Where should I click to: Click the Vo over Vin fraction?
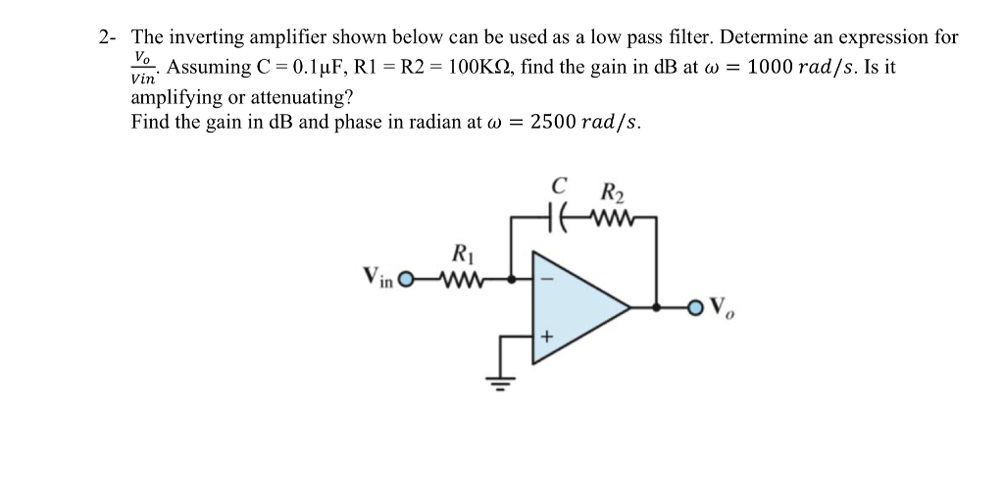pyautogui.click(x=144, y=69)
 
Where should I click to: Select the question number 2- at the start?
pyautogui.click(x=109, y=38)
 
